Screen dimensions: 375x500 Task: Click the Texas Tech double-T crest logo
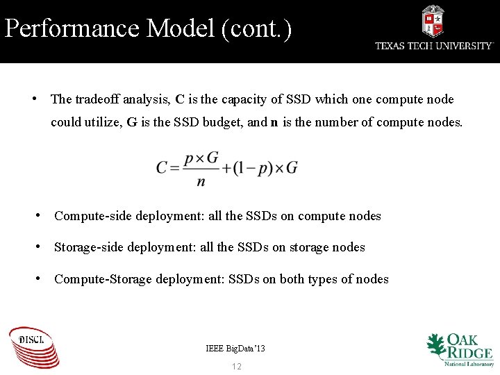(x=433, y=22)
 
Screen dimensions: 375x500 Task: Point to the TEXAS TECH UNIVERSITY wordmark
(x=434, y=46)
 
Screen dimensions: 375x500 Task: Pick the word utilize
(x=101, y=122)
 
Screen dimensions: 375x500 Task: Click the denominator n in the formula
(x=201, y=182)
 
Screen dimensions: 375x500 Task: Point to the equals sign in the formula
(x=176, y=167)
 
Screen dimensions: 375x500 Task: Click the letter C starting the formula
(x=162, y=167)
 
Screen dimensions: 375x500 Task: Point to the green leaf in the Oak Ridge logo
(x=435, y=345)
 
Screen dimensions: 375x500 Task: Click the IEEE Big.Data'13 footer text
(x=235, y=348)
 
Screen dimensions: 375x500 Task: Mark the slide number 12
(x=237, y=366)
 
